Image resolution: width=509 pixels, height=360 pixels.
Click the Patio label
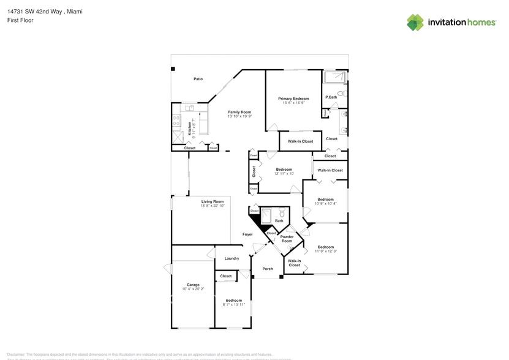click(x=198, y=79)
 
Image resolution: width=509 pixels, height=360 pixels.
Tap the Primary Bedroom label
click(x=293, y=99)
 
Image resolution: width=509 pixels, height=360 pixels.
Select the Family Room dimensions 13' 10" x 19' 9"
click(x=239, y=116)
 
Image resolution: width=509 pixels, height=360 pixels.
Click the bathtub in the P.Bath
click(x=334, y=77)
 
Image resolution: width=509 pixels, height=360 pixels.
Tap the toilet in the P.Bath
click(x=344, y=94)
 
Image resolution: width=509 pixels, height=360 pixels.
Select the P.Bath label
click(x=331, y=97)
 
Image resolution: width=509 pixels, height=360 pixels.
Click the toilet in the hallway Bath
click(x=282, y=214)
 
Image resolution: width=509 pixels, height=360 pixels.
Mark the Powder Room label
click(x=287, y=239)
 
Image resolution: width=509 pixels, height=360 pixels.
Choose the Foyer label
click(x=247, y=234)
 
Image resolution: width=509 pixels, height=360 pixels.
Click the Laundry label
click(x=232, y=258)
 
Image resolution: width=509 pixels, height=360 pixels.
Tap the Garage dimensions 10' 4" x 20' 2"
click(x=193, y=288)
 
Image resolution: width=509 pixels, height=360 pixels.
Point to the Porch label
click(x=268, y=269)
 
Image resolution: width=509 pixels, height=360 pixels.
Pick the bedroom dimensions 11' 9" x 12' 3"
click(x=325, y=251)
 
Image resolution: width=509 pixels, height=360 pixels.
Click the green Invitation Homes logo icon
click(x=415, y=22)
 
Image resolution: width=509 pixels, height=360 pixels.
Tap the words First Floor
click(x=21, y=20)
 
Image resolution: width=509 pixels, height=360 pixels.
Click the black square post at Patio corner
click(x=173, y=69)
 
